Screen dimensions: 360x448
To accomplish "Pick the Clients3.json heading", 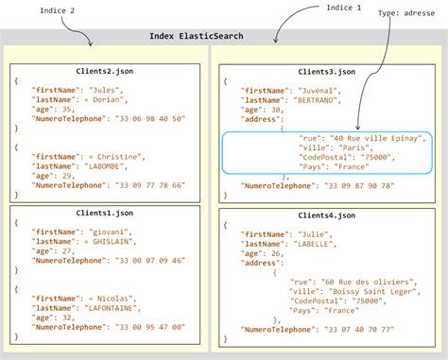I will pos(326,71).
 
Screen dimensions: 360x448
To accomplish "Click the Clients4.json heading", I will pos(326,217).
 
